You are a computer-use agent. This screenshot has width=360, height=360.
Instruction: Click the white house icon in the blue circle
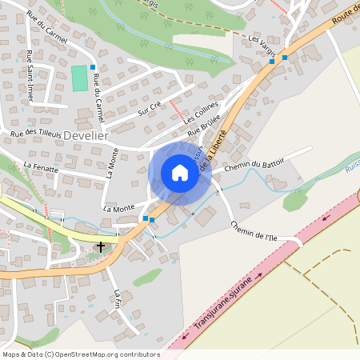point(179,173)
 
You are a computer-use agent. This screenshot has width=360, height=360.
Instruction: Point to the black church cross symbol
point(101,246)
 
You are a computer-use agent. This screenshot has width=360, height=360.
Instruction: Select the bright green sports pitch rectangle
point(79,78)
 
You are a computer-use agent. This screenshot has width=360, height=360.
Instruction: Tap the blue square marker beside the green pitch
point(93,67)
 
